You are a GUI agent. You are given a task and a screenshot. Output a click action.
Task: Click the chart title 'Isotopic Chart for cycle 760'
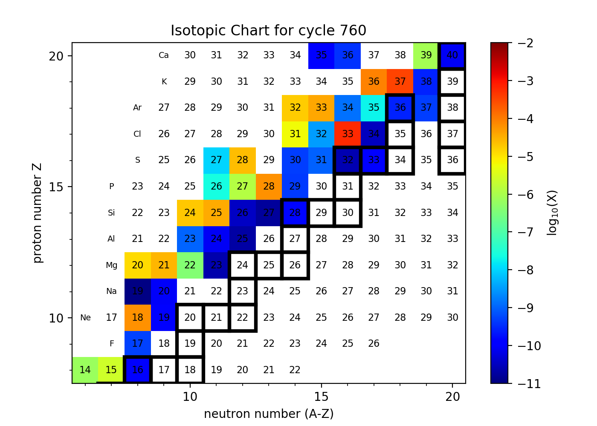(268, 31)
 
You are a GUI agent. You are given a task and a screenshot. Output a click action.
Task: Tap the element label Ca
(164, 55)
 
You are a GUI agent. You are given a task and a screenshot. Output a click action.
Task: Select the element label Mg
(111, 265)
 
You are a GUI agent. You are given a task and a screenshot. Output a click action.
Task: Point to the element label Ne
(85, 318)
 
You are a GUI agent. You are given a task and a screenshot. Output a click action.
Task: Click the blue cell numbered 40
(452, 55)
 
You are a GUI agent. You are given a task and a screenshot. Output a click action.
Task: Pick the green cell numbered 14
(85, 370)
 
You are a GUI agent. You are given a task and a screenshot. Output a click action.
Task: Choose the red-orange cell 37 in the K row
(400, 81)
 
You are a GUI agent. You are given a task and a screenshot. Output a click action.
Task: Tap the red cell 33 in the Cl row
(348, 134)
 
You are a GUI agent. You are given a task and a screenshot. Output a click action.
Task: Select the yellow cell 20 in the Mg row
(137, 265)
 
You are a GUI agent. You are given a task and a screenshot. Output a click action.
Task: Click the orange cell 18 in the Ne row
(137, 318)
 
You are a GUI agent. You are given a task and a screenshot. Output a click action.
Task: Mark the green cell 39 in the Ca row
(426, 55)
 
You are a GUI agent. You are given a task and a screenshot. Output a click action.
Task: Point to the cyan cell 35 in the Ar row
(374, 108)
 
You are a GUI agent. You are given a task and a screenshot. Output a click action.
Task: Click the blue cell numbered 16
(137, 370)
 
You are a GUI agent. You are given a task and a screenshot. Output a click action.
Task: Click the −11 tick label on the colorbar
(529, 383)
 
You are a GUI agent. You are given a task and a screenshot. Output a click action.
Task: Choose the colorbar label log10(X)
(553, 213)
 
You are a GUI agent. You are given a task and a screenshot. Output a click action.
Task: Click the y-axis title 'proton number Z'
(38, 213)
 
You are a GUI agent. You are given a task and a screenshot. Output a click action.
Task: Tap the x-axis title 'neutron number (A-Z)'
(269, 414)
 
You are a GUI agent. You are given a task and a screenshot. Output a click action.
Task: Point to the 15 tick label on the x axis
(321, 397)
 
